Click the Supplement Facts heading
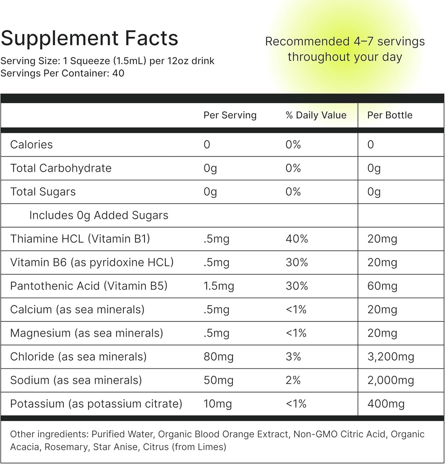(89, 39)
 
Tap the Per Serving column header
(230, 115)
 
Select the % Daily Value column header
(316, 115)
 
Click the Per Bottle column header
(390, 115)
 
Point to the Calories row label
(31, 145)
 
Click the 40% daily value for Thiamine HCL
(297, 239)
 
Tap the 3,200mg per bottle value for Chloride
(391, 357)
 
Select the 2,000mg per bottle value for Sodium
(391, 380)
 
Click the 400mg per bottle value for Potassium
(386, 404)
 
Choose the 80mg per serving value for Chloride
(218, 357)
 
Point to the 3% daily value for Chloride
(293, 357)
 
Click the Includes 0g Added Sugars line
(99, 215)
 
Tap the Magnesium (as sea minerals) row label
(86, 333)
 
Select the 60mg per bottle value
(382, 286)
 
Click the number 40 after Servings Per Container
(118, 72)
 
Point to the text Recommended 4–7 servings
(344, 42)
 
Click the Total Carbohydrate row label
(61, 168)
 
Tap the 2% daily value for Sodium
(293, 380)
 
